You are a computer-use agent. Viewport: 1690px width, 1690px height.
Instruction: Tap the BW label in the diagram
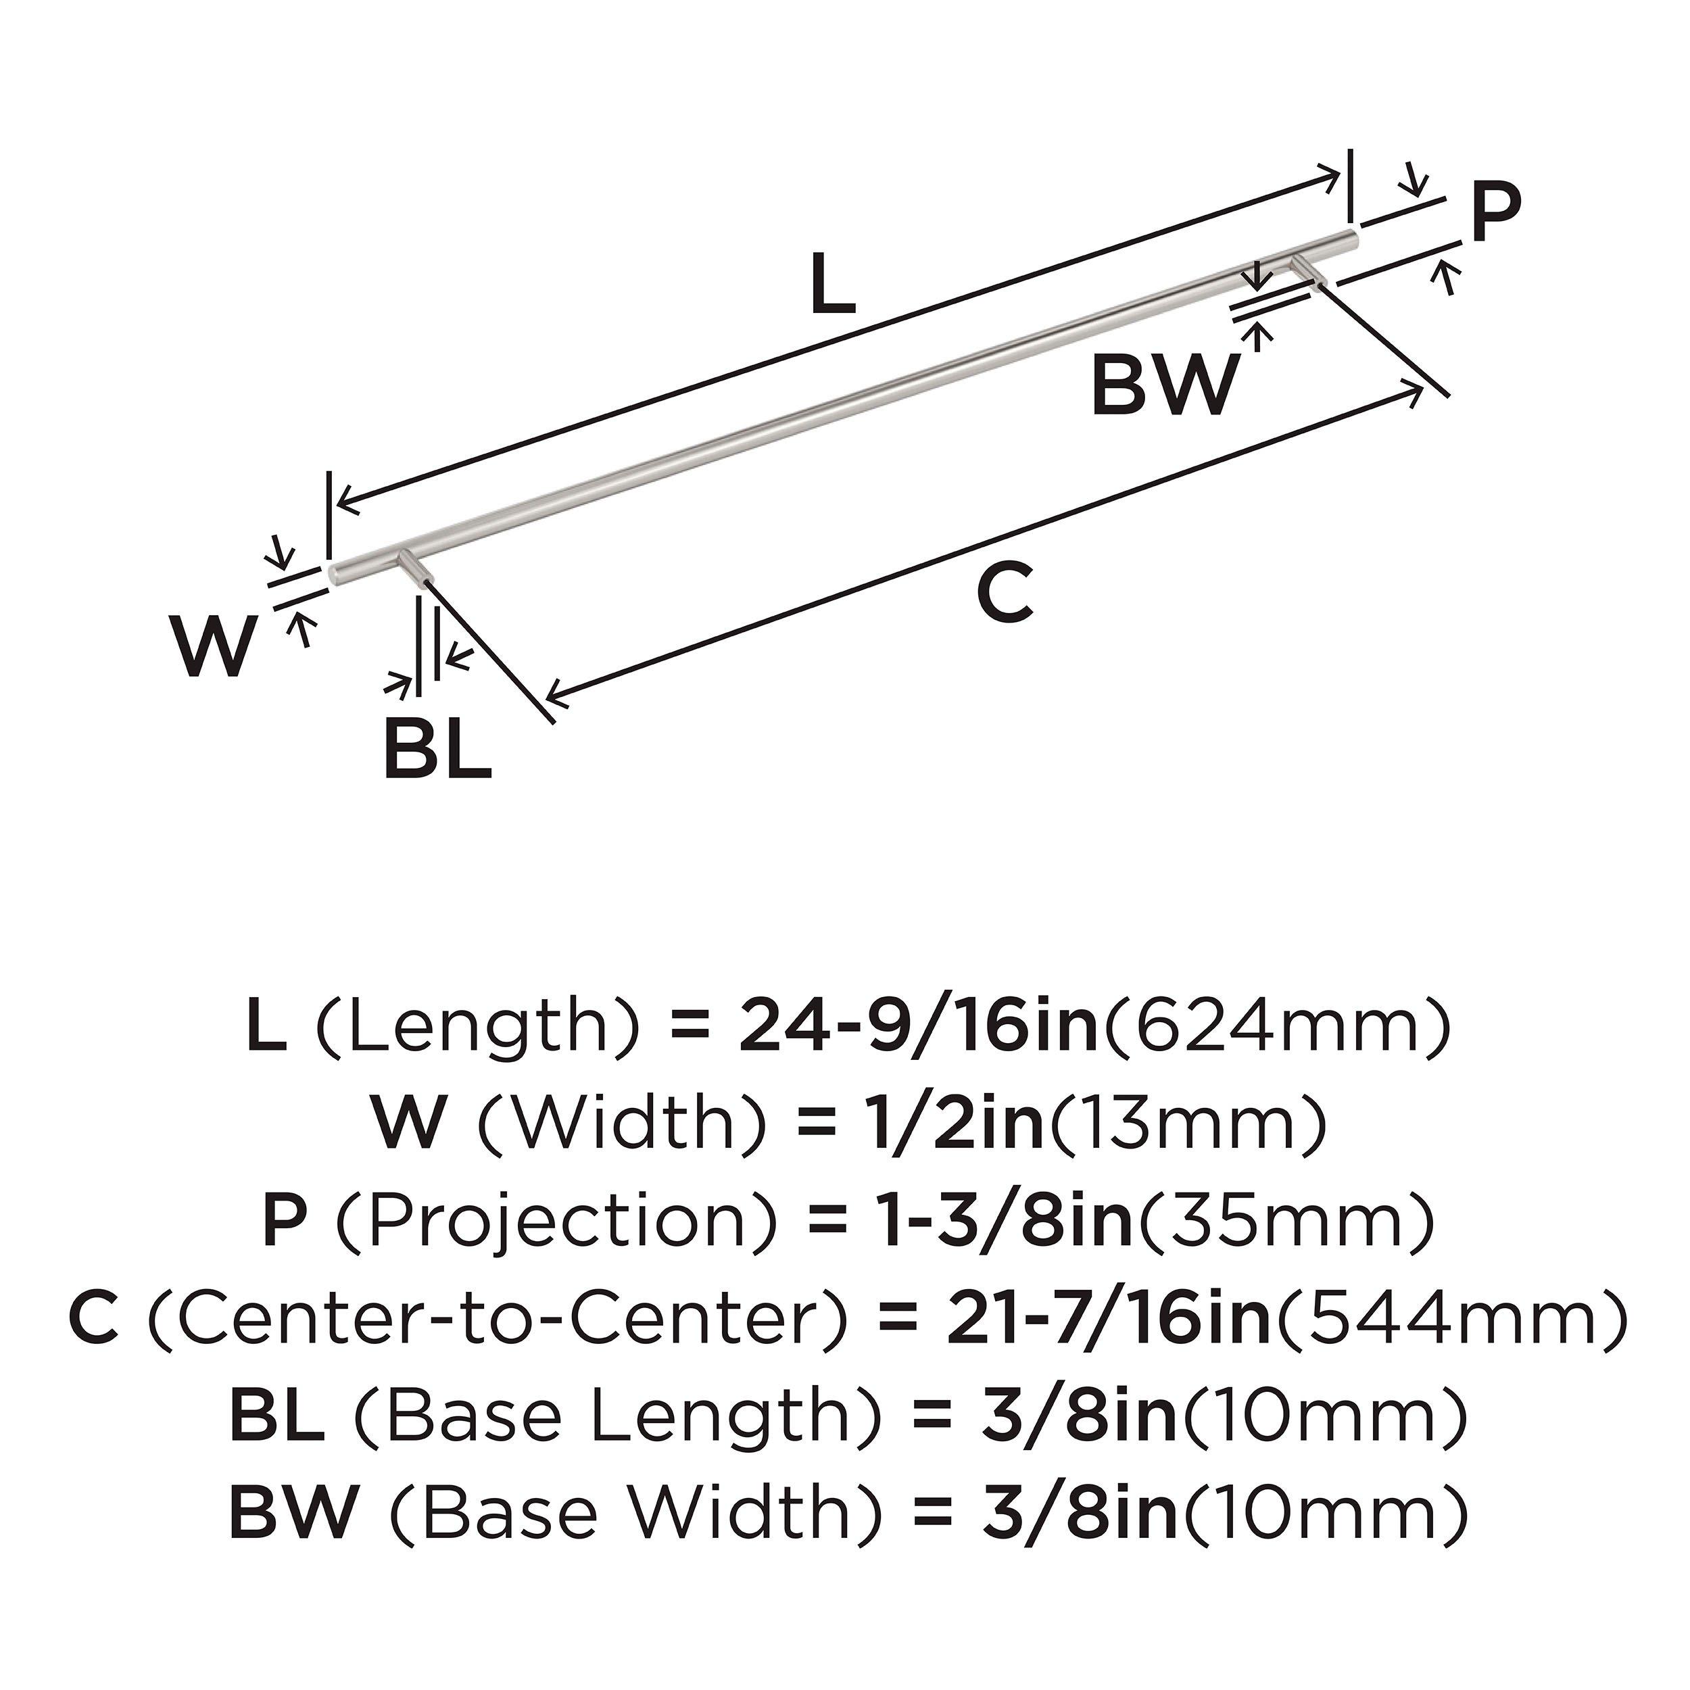1165,386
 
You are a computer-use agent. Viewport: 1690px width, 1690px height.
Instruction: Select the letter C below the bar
1005,594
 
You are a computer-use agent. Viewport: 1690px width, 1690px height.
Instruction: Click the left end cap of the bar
335,573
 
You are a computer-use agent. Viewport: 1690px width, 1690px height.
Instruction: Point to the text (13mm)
1187,1125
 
